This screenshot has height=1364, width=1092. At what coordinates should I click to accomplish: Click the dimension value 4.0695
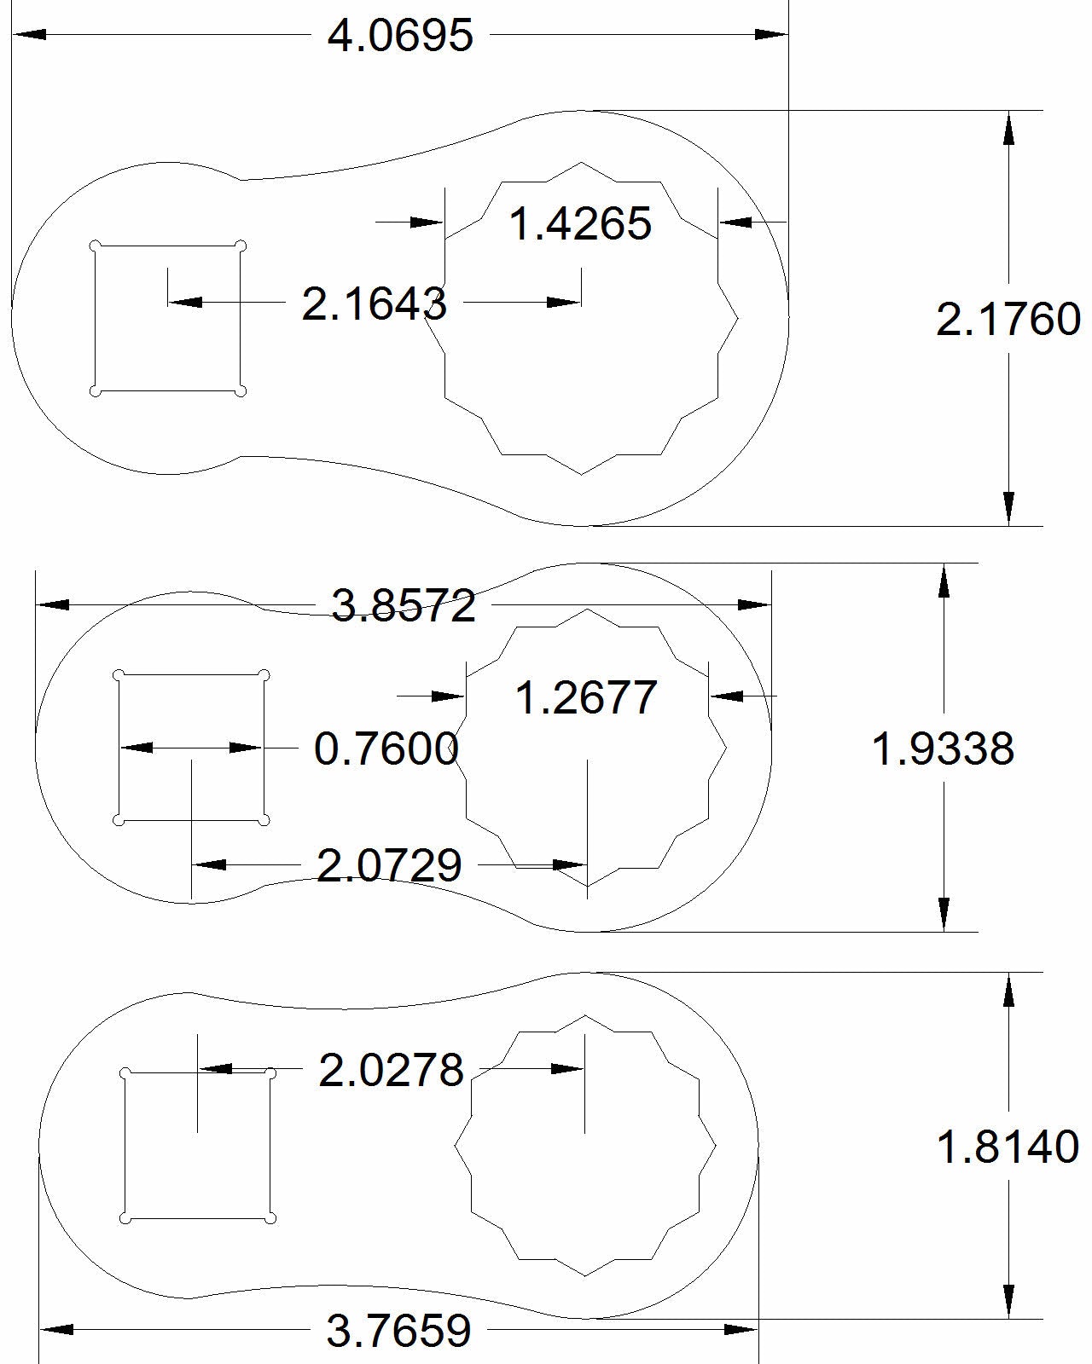click(x=400, y=36)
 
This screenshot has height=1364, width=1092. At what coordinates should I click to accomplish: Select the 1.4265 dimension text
click(x=580, y=224)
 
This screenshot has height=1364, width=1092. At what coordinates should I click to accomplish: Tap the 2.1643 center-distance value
click(x=375, y=303)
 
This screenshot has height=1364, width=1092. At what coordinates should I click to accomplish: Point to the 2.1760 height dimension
click(x=1008, y=320)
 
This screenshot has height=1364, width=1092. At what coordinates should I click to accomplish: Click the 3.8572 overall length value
click(x=404, y=606)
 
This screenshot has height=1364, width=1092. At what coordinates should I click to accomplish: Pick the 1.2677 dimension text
click(x=587, y=697)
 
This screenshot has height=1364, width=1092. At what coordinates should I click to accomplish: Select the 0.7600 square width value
click(x=386, y=748)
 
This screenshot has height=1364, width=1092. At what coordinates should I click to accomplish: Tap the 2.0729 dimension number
click(x=389, y=865)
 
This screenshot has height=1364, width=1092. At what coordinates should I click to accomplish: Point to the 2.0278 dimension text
click(x=391, y=1070)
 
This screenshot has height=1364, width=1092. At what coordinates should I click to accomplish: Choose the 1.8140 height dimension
click(x=1008, y=1147)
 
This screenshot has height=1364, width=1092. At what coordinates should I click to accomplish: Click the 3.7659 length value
click(x=398, y=1330)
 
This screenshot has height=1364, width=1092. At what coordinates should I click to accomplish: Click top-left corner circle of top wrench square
click(x=96, y=246)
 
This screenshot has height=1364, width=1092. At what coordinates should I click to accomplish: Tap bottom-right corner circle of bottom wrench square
click(x=270, y=1218)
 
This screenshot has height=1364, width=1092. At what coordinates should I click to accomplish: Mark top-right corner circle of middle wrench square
click(x=264, y=675)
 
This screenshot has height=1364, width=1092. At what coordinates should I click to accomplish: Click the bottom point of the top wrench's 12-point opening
click(x=582, y=473)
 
